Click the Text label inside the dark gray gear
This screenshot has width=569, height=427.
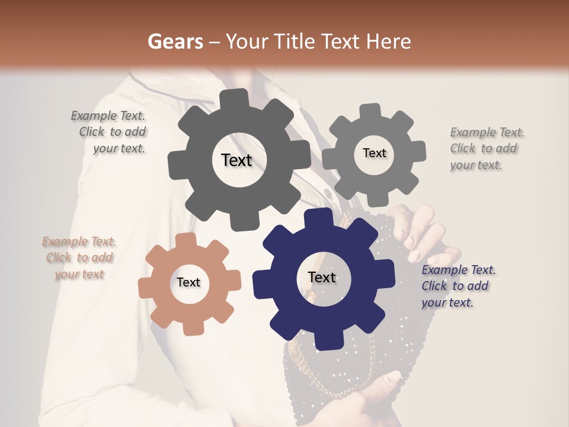tap(236, 160)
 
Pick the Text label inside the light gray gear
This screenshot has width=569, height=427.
tap(374, 153)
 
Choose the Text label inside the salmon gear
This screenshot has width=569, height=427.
tap(188, 283)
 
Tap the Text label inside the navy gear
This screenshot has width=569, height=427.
tap(322, 278)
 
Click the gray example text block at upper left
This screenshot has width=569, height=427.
tap(109, 132)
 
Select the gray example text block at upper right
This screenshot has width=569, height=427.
tap(486, 148)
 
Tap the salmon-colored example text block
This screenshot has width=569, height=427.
tap(79, 258)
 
